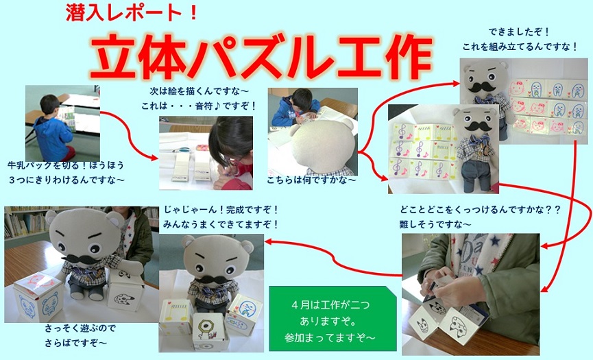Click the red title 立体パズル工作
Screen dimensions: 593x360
coord(261,57)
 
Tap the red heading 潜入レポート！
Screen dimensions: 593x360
coord(132,13)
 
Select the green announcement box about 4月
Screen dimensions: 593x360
coord(332,318)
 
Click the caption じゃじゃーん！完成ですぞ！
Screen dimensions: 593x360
coord(221,209)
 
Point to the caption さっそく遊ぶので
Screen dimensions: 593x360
coord(80,328)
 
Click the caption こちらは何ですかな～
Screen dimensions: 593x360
coord(312,180)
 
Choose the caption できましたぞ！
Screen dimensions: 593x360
coord(518,32)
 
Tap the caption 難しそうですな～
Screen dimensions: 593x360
coord(435,224)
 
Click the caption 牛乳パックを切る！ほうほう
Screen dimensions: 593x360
coord(66,165)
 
